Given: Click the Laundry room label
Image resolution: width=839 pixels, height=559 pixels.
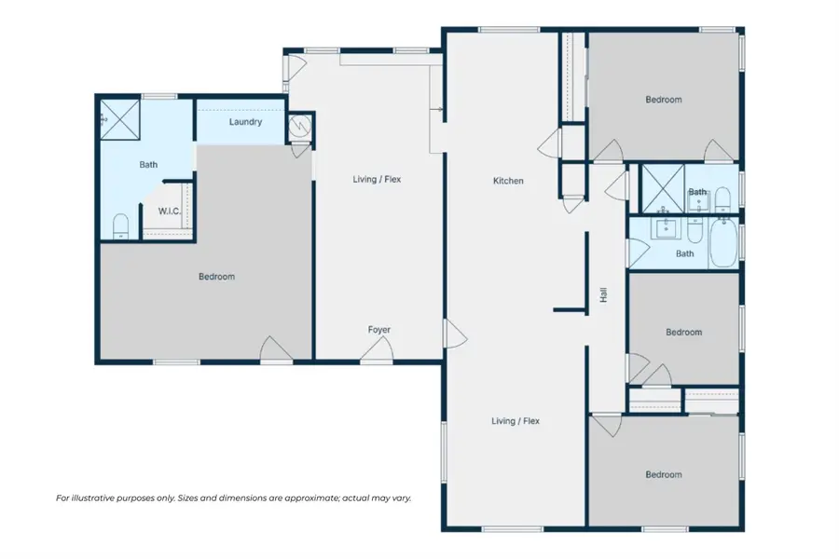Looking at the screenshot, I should tap(245, 122).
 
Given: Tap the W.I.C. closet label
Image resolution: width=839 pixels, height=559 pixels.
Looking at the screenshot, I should tap(169, 211).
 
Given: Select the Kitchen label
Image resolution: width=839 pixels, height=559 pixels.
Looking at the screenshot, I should tap(508, 181).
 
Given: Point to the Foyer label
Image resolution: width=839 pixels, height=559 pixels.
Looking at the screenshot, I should tap(378, 330).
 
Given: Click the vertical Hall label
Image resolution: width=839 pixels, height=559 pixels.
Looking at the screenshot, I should tap(604, 295).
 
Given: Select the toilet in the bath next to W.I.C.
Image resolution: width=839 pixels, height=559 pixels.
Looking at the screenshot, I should tap(119, 226).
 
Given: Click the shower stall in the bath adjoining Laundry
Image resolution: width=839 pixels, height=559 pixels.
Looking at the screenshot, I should tap(117, 117).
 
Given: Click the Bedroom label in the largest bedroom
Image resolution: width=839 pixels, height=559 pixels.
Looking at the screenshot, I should tap(216, 277).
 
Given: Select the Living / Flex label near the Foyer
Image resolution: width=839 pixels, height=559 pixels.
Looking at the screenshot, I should tap(377, 179).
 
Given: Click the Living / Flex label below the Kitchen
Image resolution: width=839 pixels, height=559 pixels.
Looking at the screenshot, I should tap(516, 421).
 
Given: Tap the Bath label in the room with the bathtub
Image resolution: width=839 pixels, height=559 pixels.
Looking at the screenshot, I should tap(684, 253).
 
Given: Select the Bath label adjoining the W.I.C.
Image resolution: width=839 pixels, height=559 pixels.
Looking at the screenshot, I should tap(148, 165).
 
